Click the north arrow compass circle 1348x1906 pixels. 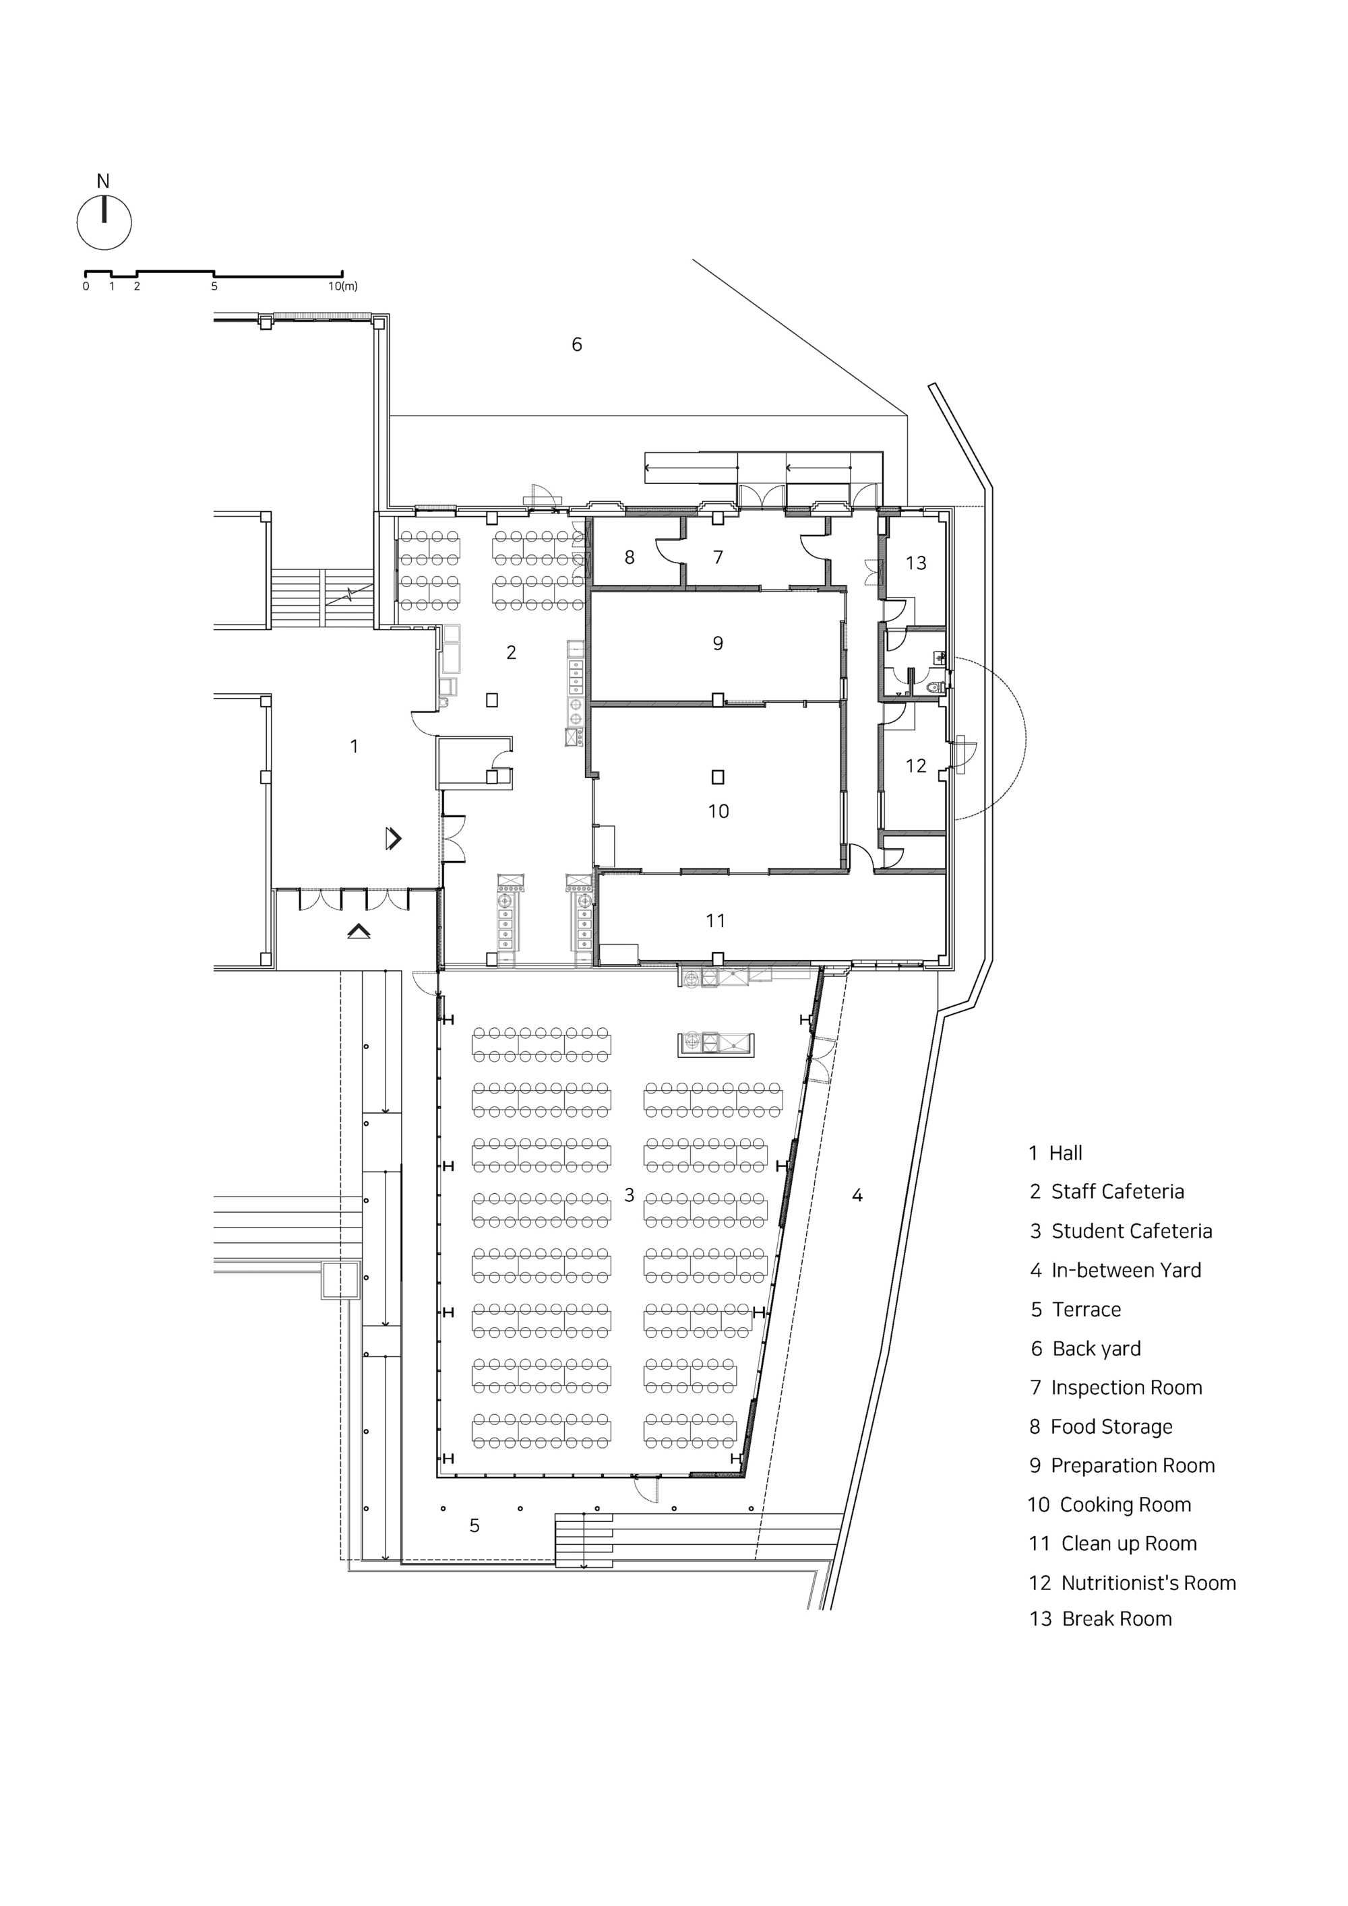click(x=104, y=222)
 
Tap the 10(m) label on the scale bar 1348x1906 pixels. click(x=342, y=286)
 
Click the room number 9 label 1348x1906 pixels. click(x=718, y=643)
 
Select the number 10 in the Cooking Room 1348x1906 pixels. click(x=718, y=811)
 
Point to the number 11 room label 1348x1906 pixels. click(x=715, y=920)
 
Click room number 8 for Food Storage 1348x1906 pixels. click(x=630, y=558)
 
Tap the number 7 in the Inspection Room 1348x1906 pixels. click(x=718, y=557)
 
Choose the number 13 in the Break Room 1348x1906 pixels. click(x=915, y=563)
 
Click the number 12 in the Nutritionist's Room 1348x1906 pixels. click(x=915, y=765)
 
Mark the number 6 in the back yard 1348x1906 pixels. click(x=576, y=344)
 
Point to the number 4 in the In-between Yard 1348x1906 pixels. click(x=856, y=1195)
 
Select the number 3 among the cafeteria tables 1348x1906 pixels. click(x=629, y=1195)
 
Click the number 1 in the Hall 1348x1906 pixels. click(x=355, y=746)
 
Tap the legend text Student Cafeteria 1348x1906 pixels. click(x=1131, y=1231)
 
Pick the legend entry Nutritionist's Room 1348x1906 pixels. click(x=1148, y=1583)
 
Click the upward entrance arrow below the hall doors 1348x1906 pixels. click(x=358, y=931)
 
